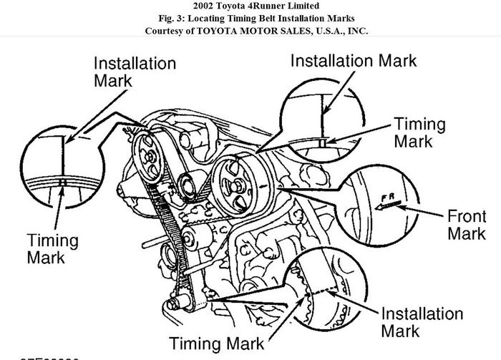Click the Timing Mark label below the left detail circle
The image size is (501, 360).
pyautogui.click(x=56, y=248)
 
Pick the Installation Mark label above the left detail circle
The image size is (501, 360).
pyautogui.click(x=135, y=71)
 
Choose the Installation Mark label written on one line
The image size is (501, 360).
pyautogui.click(x=354, y=61)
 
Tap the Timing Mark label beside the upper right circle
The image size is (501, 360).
pyautogui.click(x=419, y=132)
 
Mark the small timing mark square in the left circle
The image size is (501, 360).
pyautogui.click(x=63, y=183)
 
